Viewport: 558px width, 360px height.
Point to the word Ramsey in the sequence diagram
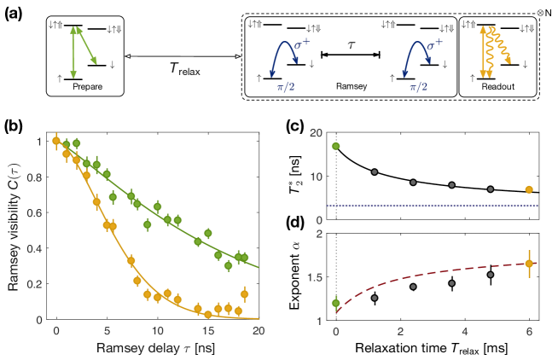click(x=350, y=86)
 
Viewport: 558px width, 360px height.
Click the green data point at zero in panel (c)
click(x=336, y=146)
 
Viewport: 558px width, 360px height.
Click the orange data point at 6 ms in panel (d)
click(x=529, y=264)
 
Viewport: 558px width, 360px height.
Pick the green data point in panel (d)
click(x=336, y=302)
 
